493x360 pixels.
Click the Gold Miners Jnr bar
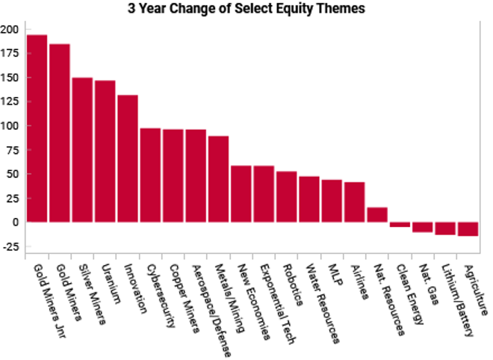37,128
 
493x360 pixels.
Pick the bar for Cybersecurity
151,175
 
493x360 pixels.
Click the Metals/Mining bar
218,179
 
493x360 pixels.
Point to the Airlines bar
355,202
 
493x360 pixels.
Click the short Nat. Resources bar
377,214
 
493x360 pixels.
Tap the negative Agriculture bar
468,229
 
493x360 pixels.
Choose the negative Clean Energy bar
400,224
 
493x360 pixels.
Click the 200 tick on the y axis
10,29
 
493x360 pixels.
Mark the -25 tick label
10,246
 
